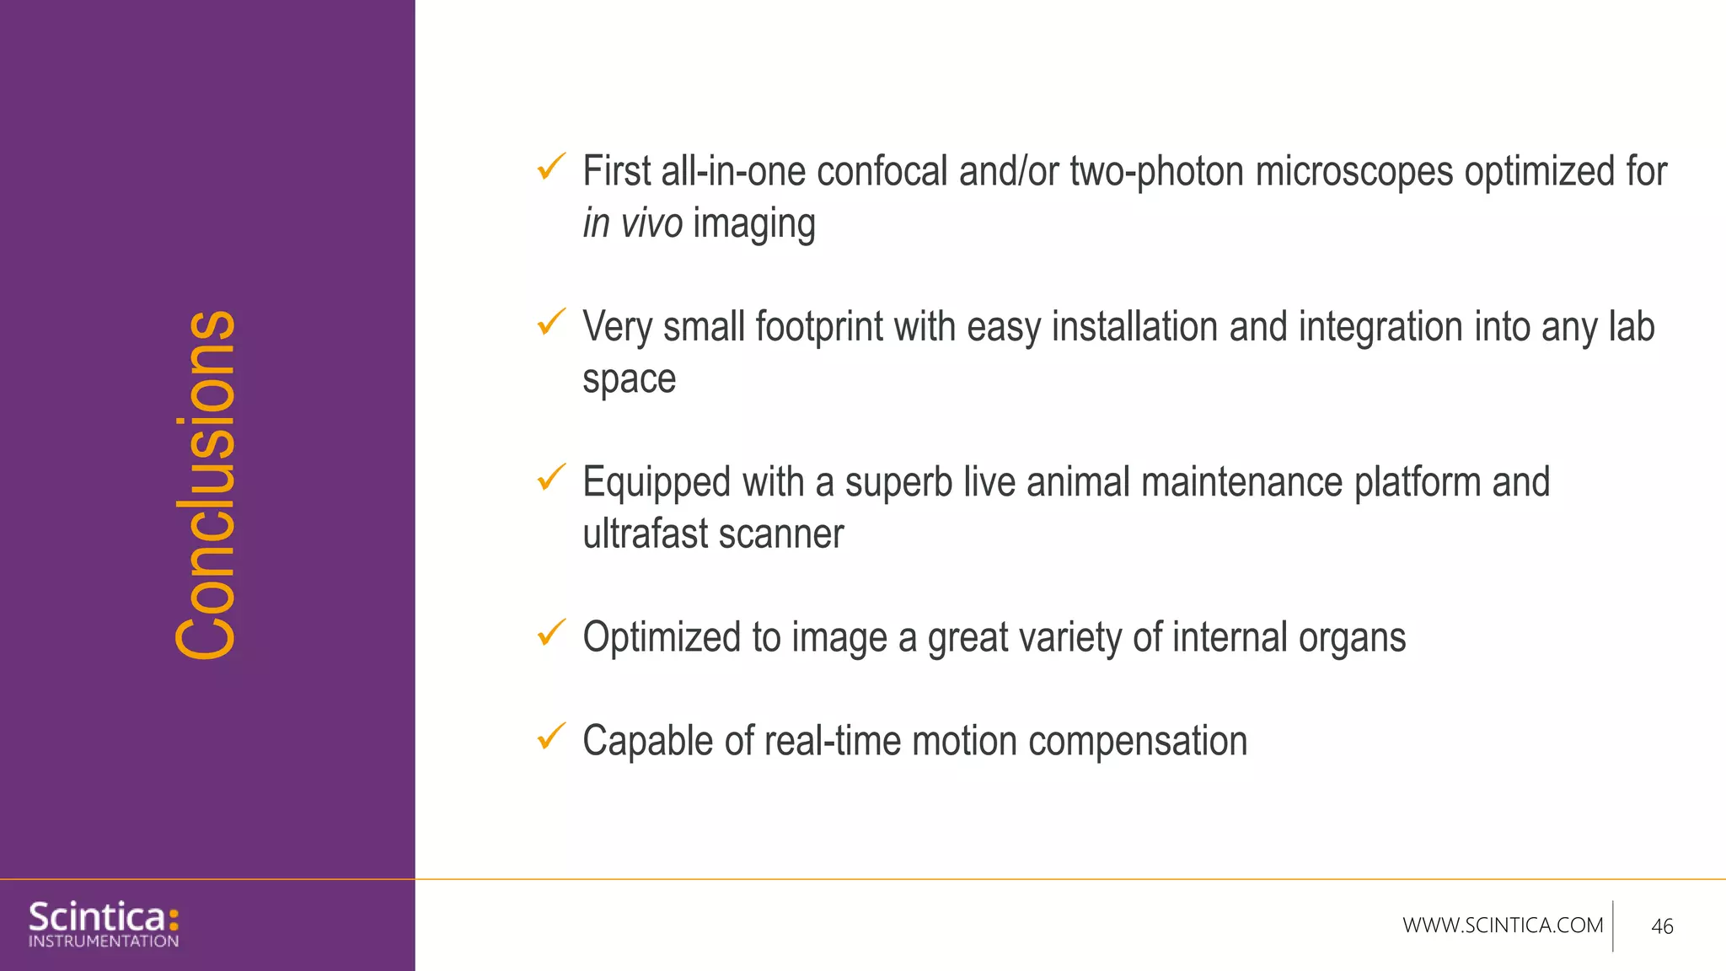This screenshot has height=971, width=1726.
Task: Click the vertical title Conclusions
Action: [206, 485]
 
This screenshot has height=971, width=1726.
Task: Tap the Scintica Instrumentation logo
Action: [104, 924]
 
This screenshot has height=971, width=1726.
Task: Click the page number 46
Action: [1662, 926]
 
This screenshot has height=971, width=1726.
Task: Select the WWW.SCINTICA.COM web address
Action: [1503, 925]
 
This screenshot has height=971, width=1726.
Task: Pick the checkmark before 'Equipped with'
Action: [551, 477]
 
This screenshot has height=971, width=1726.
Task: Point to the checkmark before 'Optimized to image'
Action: [551, 632]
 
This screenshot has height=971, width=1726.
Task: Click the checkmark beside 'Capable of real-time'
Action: [551, 736]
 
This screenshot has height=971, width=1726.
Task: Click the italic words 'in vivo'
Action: [632, 224]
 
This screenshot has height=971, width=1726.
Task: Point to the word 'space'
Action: [629, 380]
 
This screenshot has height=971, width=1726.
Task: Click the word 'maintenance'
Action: [1242, 483]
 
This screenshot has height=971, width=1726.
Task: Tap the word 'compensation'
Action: [1137, 742]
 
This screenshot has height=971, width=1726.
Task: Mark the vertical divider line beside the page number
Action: [1613, 925]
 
